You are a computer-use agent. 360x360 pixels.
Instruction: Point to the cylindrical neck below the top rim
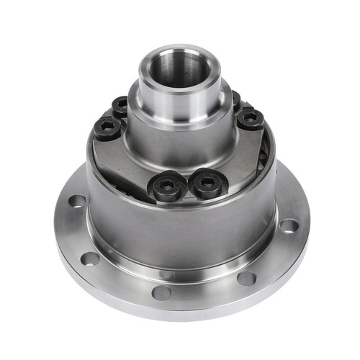[x=180, y=108]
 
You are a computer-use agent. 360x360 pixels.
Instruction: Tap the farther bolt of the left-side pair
[x=121, y=106]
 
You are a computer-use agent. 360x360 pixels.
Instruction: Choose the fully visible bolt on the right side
[x=251, y=117]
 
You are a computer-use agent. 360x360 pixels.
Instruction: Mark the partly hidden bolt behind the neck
[x=236, y=99]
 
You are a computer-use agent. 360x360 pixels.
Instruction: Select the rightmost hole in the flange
[x=289, y=226]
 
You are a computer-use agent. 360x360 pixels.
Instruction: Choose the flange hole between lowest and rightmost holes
[x=246, y=278]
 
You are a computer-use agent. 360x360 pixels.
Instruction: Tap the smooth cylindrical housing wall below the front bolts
[x=180, y=230]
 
